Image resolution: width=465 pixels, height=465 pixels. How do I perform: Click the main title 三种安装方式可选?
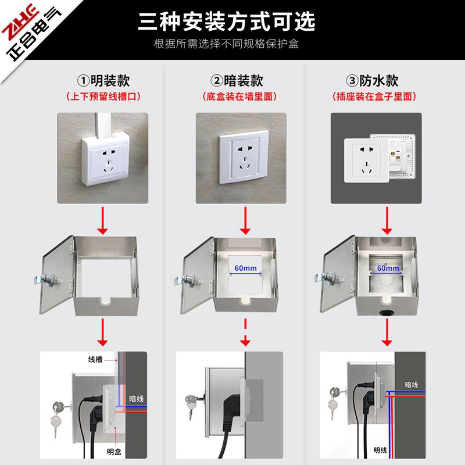point(226,21)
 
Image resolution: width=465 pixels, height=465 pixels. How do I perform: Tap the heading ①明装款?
point(102,81)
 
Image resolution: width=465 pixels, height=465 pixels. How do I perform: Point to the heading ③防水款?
point(373,81)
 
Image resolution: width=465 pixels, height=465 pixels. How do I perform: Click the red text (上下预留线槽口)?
point(103,96)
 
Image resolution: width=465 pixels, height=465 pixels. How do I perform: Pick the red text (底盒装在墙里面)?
point(239,96)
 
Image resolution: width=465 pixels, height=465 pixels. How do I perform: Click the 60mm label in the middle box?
point(245,268)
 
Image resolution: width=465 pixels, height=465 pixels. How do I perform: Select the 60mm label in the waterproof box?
point(388,268)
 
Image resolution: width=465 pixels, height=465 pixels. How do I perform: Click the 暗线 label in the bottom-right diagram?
point(412,384)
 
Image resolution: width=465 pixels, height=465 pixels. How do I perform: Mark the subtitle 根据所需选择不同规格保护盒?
point(226,44)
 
